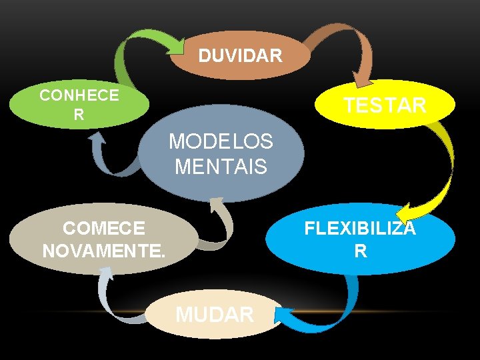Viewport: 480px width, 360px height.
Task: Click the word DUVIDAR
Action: (x=240, y=55)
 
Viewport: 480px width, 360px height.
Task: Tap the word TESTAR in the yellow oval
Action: (x=385, y=105)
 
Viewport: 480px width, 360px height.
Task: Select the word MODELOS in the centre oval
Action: (x=221, y=141)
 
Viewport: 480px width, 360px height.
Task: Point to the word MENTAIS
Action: (x=221, y=165)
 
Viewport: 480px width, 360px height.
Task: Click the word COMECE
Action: (x=103, y=229)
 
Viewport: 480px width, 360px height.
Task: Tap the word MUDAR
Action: (x=214, y=314)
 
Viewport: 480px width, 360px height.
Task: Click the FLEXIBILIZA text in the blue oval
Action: (x=360, y=229)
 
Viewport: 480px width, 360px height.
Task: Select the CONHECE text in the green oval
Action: (x=79, y=95)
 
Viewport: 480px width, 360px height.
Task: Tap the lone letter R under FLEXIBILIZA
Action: (x=360, y=251)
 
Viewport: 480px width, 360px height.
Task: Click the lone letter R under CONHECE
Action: (x=79, y=115)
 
